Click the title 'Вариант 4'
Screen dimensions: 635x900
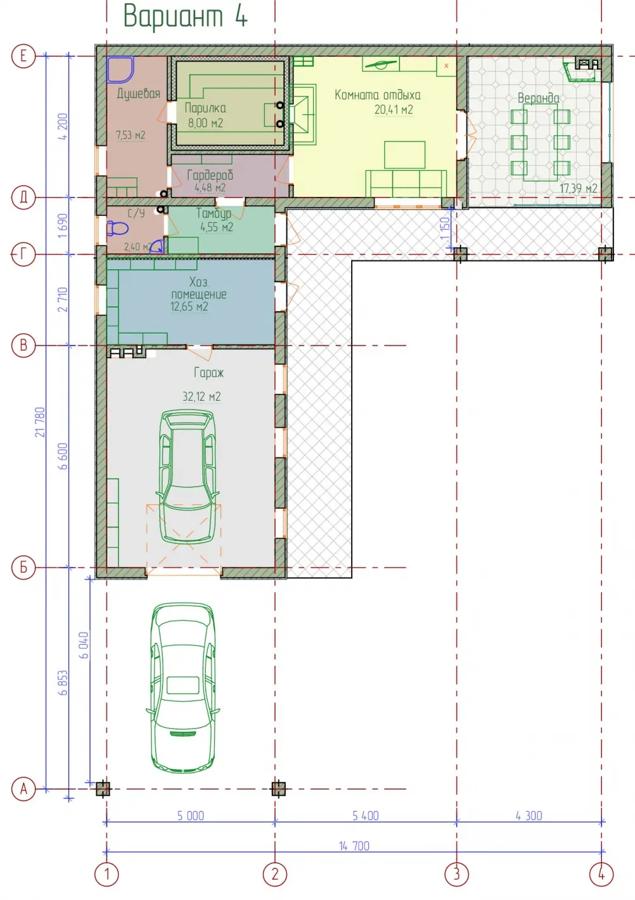(x=185, y=16)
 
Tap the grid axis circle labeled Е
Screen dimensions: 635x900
(x=23, y=56)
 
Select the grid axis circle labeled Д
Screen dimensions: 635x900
(x=23, y=198)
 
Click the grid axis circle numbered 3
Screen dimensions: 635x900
(x=457, y=873)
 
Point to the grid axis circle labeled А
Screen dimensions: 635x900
(x=23, y=788)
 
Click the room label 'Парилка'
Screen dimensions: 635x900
(x=205, y=108)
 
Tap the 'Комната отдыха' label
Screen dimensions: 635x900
(x=378, y=95)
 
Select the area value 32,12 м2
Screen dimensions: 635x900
(x=202, y=397)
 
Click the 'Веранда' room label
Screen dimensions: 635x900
(x=538, y=98)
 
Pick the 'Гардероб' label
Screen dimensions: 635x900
(x=210, y=175)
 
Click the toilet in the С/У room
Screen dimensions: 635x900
(x=117, y=228)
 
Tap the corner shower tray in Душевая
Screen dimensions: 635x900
(x=119, y=69)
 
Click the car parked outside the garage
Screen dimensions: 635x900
(x=183, y=687)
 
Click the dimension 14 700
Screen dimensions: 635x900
(x=354, y=846)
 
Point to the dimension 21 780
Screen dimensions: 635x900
(x=40, y=422)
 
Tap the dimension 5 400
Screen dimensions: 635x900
(x=366, y=816)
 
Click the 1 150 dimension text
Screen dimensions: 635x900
(x=445, y=228)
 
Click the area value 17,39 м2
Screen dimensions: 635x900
(x=578, y=188)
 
